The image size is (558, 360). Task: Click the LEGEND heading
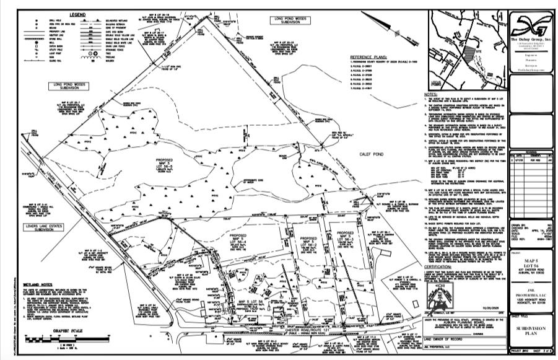point(77,14)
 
